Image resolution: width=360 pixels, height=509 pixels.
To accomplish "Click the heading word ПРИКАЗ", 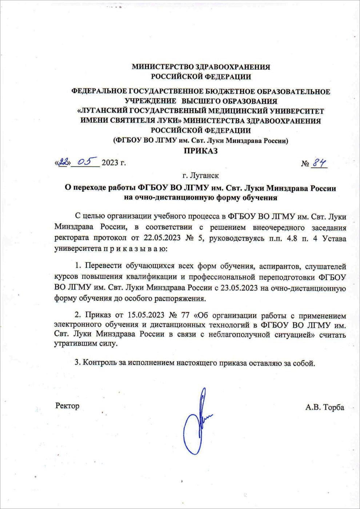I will coord(200,151).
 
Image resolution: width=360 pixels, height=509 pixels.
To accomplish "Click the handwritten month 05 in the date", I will coord(85,161).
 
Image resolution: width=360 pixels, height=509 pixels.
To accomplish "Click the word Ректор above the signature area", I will coord(67,406).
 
